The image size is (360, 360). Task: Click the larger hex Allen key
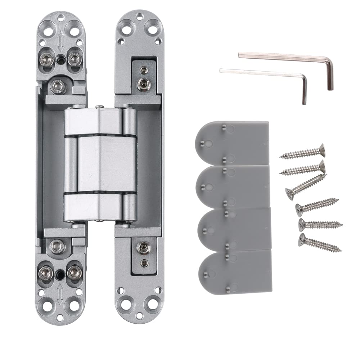coord(284,58)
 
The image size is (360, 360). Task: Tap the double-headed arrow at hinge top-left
coord(60,40)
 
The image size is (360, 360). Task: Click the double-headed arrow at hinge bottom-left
coord(60,293)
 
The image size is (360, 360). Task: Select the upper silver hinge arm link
coord(94,121)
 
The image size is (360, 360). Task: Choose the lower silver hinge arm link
coord(94,207)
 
